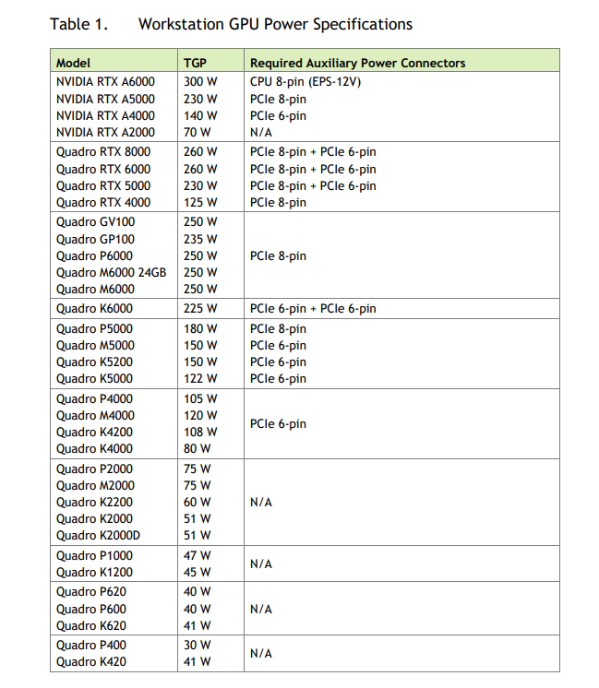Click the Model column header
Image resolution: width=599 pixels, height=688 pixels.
74,63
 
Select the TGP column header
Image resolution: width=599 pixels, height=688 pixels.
195,63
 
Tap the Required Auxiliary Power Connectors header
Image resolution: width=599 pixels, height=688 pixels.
357,63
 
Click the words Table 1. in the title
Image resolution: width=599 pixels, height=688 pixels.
79,24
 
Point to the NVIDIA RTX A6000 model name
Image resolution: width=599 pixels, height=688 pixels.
105,82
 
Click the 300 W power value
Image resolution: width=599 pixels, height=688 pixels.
200,82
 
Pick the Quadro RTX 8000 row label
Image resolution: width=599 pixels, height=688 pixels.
103,152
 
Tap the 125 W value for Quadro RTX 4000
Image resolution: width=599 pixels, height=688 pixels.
200,202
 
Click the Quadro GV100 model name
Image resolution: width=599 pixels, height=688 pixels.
95,222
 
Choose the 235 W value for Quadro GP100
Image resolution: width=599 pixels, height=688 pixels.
200,239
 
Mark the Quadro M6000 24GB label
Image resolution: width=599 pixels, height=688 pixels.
111,272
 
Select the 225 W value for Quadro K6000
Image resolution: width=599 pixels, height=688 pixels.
200,308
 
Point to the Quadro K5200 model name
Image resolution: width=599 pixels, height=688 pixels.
94,362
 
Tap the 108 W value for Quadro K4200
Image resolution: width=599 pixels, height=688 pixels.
200,432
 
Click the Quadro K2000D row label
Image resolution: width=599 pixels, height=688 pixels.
98,535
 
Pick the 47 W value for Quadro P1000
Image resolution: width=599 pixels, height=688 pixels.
197,555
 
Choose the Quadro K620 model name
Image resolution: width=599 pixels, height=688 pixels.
91,625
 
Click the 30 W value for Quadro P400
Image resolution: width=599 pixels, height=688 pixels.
197,645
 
